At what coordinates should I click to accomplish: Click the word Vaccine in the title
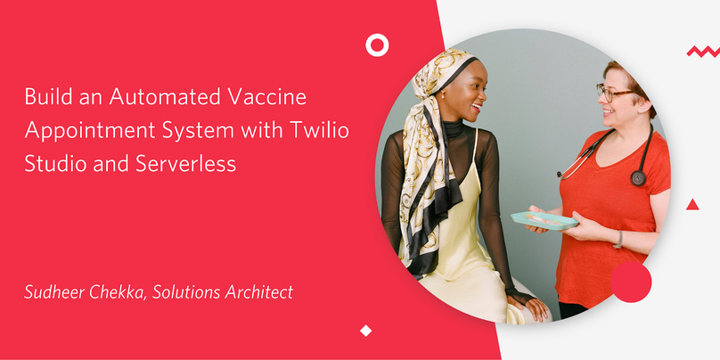pos(266,97)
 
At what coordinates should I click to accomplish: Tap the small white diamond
pos(365,331)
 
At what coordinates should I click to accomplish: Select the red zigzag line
pos(703,52)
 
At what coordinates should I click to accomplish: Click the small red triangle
pos(692,205)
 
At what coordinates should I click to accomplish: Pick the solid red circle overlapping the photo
pos(631,282)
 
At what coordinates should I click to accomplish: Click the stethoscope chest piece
pos(638,177)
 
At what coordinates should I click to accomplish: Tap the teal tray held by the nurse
pos(544,221)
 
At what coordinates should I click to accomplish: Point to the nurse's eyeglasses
pos(614,93)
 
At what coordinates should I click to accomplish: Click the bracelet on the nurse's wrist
pos(619,240)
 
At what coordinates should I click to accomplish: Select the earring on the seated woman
pos(444,95)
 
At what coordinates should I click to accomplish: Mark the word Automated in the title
pos(167,97)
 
